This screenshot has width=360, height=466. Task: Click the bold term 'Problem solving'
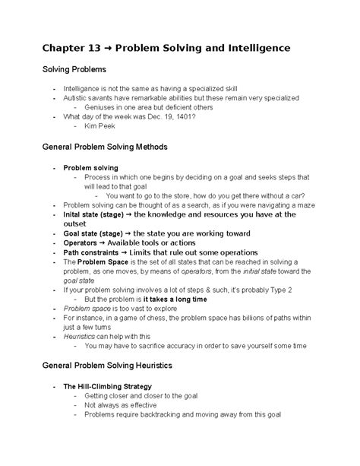tap(90, 167)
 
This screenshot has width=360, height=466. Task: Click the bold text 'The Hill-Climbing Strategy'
tap(107, 387)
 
